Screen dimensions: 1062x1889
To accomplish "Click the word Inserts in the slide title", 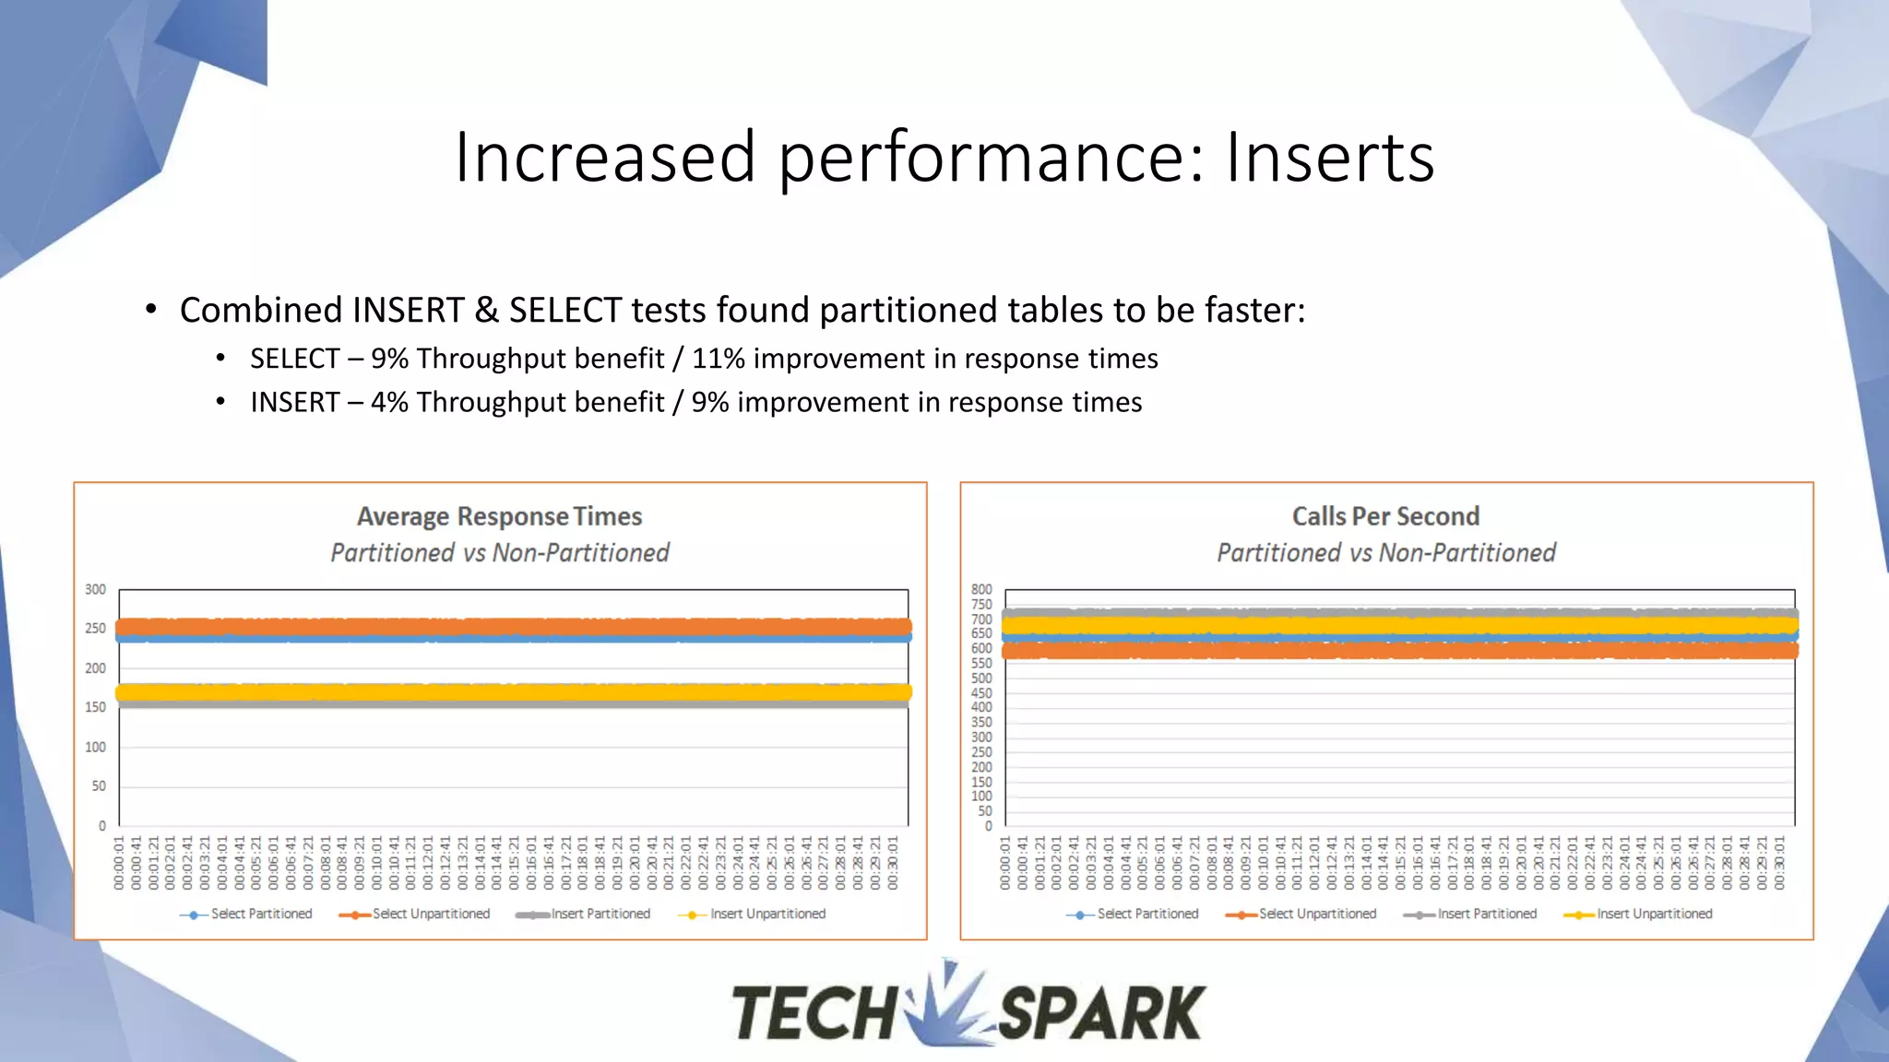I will (1329, 158).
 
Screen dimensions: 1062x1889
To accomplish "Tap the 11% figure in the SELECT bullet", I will (718, 359).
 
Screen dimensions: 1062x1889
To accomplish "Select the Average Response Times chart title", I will (499, 516).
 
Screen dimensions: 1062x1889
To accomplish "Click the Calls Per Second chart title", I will (1385, 516).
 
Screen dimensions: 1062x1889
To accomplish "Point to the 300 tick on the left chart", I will (95, 589).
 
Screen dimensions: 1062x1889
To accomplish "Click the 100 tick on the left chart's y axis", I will (95, 747).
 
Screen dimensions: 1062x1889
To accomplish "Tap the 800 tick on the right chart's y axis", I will (981, 589).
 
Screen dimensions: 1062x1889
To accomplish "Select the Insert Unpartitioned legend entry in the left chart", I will (766, 914).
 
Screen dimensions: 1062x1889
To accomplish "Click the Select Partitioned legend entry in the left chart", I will (261, 914).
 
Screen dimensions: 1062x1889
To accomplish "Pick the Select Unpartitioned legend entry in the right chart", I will (1316, 914).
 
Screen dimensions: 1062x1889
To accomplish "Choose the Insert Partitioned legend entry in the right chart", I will (1486, 914).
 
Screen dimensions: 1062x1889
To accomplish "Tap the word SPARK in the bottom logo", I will (1101, 1012).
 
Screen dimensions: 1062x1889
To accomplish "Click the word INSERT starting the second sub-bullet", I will (295, 403).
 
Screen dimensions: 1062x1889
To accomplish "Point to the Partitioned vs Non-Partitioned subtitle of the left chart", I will (499, 553).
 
